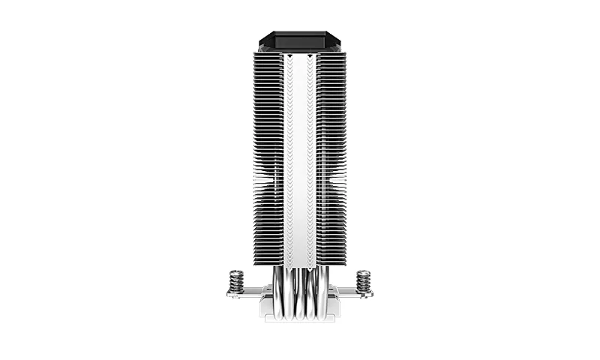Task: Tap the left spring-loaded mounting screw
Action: (x=236, y=281)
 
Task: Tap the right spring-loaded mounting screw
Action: (x=364, y=281)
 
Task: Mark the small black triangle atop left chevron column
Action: (x=289, y=55)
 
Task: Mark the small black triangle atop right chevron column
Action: (x=310, y=55)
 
